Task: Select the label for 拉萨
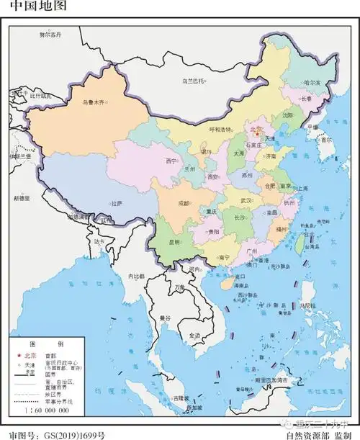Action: click(117, 204)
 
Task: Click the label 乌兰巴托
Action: click(194, 81)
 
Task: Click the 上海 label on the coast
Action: click(302, 188)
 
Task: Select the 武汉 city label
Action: click(246, 200)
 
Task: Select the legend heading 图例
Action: click(46, 344)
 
